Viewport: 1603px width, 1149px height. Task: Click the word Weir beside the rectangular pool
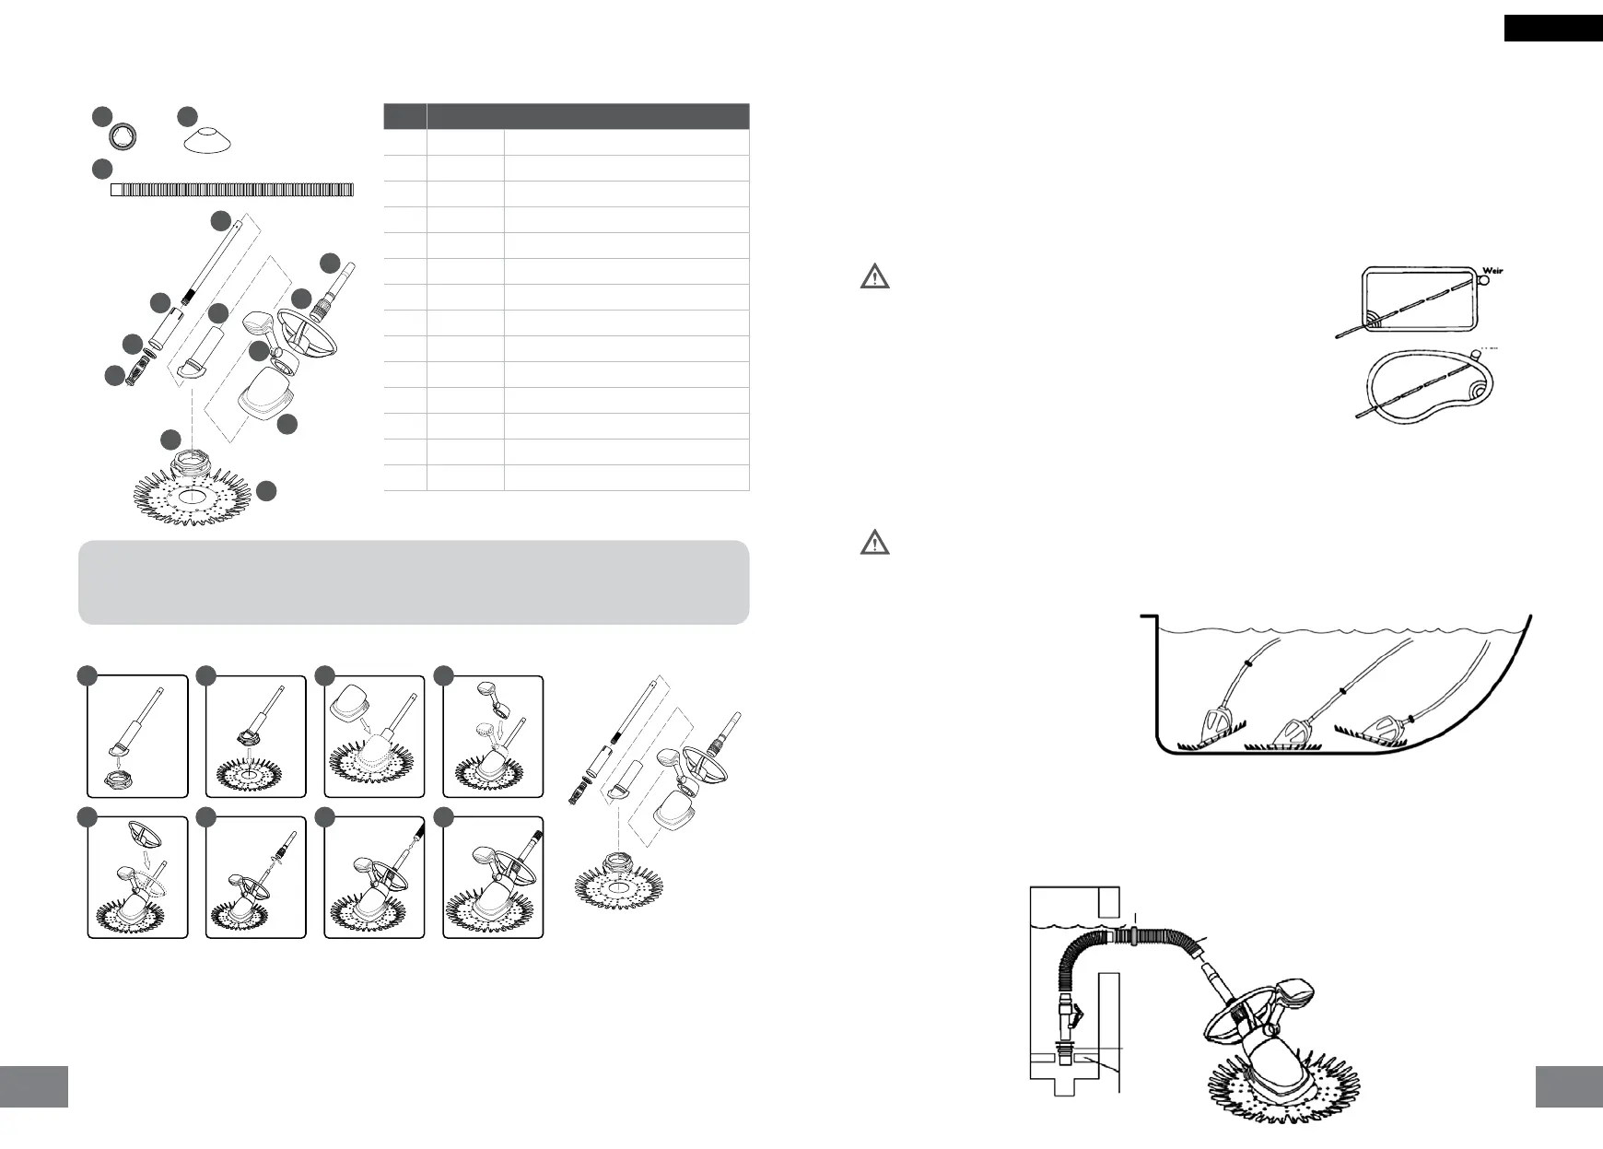point(1492,271)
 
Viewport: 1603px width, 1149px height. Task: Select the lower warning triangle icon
point(874,543)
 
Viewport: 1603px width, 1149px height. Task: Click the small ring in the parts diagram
point(123,137)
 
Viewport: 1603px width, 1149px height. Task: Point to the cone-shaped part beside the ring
point(206,141)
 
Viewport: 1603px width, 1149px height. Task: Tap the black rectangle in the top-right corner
point(1553,29)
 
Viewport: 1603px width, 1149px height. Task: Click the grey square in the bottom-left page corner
point(34,1087)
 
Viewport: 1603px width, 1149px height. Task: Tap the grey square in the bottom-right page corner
point(1569,1087)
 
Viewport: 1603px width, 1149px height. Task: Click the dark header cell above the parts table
point(588,116)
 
